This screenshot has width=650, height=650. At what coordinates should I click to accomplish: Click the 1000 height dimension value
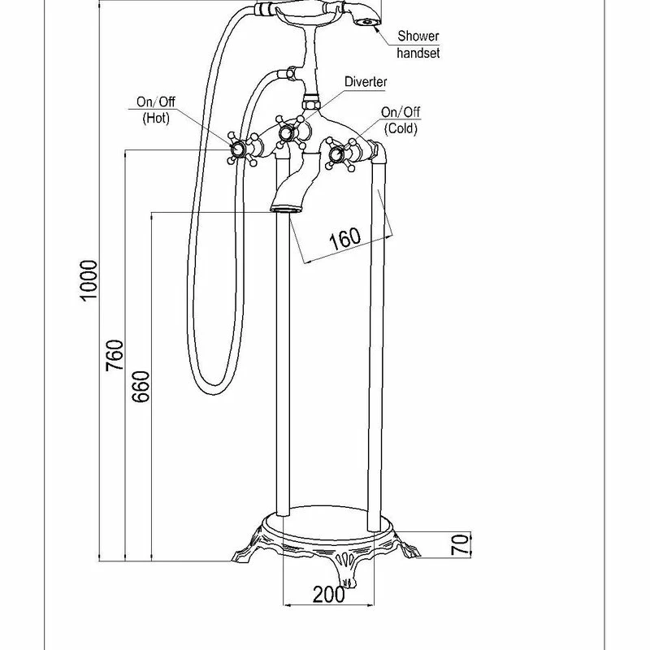pyautogui.click(x=89, y=280)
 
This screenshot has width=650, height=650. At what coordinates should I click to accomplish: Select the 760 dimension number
pyautogui.click(x=115, y=355)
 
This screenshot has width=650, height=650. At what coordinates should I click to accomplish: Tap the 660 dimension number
pyautogui.click(x=141, y=387)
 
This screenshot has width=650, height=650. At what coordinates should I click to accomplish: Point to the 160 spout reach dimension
pyautogui.click(x=344, y=239)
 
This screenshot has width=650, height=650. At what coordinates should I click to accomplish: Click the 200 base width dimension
pyautogui.click(x=329, y=595)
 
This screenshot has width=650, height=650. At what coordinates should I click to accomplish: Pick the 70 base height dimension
pyautogui.click(x=460, y=544)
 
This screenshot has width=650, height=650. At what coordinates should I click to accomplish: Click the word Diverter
pyautogui.click(x=366, y=82)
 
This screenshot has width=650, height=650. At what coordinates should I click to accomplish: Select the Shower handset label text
pyautogui.click(x=418, y=45)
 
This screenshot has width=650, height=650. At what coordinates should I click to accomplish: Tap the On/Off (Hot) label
pyautogui.click(x=156, y=110)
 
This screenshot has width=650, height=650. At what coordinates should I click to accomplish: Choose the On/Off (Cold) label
pyautogui.click(x=401, y=120)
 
